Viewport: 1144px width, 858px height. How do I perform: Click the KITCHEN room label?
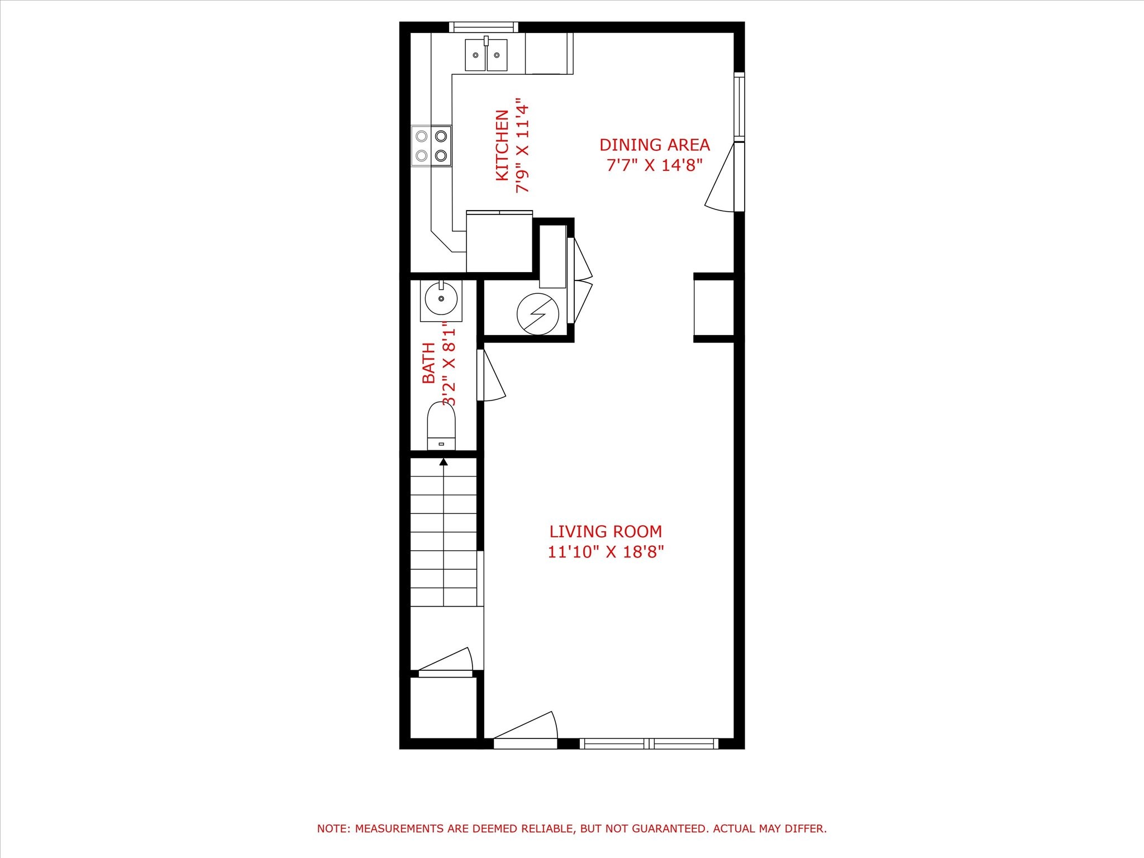pyautogui.click(x=502, y=145)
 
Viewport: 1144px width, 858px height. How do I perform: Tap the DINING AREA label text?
pyautogui.click(x=654, y=145)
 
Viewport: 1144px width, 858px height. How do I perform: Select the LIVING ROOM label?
pyautogui.click(x=606, y=531)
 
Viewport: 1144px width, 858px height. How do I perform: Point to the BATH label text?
pyautogui.click(x=428, y=363)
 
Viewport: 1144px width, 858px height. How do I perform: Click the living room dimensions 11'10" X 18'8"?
pyautogui.click(x=606, y=552)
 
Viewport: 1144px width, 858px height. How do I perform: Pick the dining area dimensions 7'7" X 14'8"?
pyautogui.click(x=654, y=165)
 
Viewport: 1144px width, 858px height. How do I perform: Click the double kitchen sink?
pyautogui.click(x=487, y=55)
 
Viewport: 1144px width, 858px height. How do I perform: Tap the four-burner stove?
pyautogui.click(x=431, y=146)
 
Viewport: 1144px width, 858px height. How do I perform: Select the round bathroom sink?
pyautogui.click(x=441, y=299)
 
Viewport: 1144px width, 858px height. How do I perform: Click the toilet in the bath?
pyautogui.click(x=441, y=426)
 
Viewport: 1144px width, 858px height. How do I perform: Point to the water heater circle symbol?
pyautogui.click(x=538, y=314)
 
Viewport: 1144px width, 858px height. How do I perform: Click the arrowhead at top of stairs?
pyautogui.click(x=444, y=462)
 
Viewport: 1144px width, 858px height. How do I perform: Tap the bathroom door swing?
pyautogui.click(x=492, y=375)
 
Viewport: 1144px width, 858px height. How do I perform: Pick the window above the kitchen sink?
pyautogui.click(x=484, y=27)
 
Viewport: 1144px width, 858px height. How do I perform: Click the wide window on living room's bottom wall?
pyautogui.click(x=649, y=743)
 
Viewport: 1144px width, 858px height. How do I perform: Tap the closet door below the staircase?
pyautogui.click(x=446, y=662)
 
